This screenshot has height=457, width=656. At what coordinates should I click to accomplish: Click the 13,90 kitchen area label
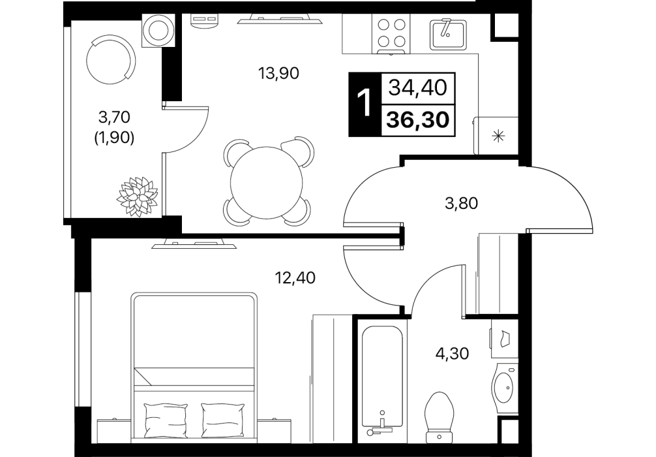click(278, 73)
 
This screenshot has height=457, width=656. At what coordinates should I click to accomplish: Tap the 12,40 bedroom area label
click(295, 277)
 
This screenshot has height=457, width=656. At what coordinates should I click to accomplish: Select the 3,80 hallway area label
click(462, 204)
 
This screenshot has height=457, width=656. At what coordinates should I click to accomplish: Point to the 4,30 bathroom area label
click(452, 354)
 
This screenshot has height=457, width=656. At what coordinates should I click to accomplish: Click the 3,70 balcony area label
click(115, 117)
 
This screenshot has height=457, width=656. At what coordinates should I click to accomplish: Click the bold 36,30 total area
click(418, 121)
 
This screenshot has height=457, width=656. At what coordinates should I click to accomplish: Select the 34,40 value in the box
click(418, 88)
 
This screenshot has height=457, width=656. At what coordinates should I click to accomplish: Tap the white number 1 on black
click(365, 104)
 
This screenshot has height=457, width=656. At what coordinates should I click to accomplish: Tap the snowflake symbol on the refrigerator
click(498, 136)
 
